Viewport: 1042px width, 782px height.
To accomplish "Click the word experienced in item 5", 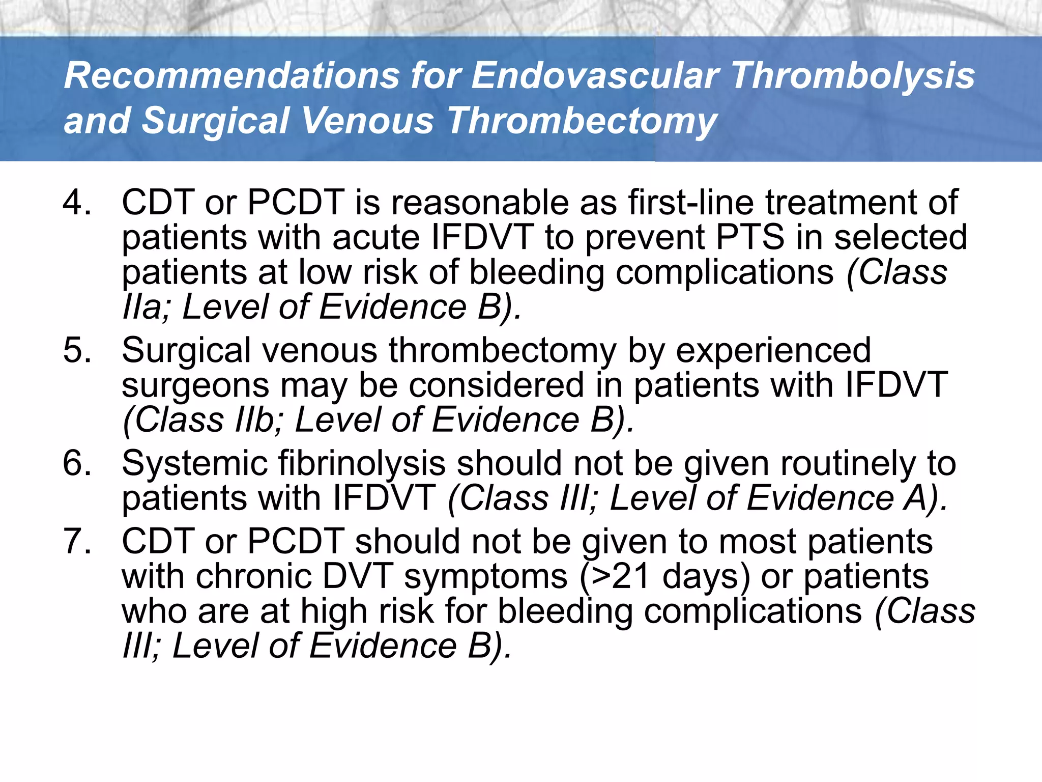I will click(x=773, y=351).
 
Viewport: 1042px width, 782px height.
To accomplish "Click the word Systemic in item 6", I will click(x=195, y=464).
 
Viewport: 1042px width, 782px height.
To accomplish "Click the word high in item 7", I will click(x=333, y=611).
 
